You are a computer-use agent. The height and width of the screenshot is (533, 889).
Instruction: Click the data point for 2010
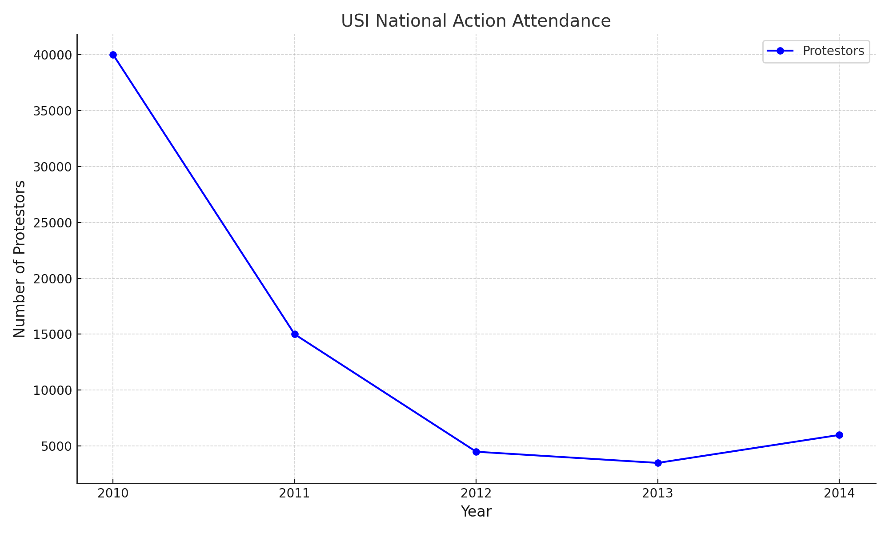point(113,55)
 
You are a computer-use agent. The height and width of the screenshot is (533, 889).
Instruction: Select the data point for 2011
point(295,334)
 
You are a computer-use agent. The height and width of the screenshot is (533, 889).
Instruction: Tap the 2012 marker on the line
point(476,452)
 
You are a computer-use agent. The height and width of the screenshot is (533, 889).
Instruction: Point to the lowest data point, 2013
point(658,463)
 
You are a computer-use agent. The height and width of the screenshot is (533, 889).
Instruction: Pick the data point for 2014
point(839,435)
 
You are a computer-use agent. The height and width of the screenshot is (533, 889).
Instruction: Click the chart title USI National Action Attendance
point(476,21)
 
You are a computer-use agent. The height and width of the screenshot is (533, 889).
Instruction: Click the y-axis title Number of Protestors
point(20,259)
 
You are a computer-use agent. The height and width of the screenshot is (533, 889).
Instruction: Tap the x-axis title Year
point(476,512)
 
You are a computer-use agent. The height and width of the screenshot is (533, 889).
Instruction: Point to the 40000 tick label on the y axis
point(52,55)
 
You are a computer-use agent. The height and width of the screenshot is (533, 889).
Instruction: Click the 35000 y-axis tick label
point(52,111)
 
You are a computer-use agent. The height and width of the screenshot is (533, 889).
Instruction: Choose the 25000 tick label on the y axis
point(52,223)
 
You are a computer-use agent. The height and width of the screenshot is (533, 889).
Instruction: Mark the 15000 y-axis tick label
point(52,334)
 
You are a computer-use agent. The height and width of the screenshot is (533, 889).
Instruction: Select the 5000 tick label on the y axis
point(56,446)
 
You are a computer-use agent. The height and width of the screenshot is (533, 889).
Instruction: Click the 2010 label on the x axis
point(113,493)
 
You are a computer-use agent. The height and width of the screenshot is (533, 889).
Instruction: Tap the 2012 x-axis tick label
point(476,493)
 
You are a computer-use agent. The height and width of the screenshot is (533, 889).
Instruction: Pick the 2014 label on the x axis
point(839,493)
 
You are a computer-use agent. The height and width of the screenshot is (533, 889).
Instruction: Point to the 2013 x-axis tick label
point(658,493)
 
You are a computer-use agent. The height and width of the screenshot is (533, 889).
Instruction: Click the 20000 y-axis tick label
point(52,279)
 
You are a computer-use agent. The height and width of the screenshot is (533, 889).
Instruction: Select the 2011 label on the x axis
point(295,493)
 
